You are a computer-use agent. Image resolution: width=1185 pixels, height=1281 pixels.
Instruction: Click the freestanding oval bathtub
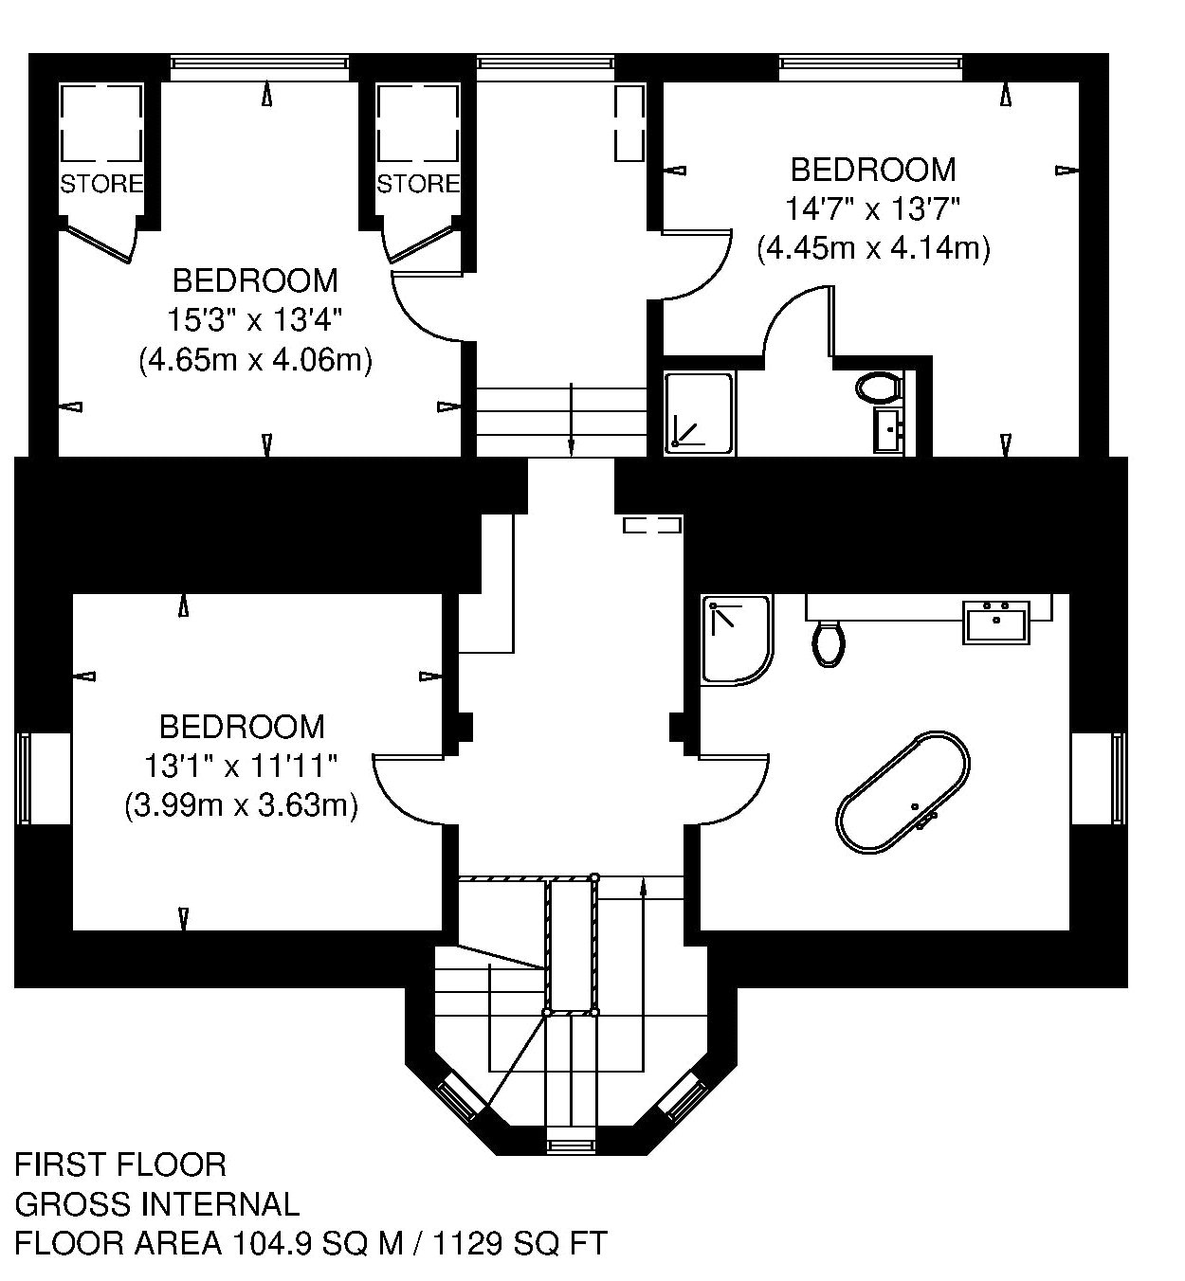[x=902, y=793]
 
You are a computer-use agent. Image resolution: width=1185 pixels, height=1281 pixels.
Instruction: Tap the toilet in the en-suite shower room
[x=879, y=387]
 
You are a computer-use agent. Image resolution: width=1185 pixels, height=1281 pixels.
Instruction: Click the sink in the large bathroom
[x=996, y=622]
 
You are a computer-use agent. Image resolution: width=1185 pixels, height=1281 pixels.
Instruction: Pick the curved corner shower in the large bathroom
[x=738, y=640]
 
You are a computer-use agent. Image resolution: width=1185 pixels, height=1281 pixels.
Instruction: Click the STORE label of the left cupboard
[x=101, y=185]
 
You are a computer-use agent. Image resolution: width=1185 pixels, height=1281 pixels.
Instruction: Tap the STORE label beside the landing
[x=418, y=185]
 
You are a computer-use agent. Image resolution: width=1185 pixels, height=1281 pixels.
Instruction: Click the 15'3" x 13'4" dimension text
[x=254, y=319]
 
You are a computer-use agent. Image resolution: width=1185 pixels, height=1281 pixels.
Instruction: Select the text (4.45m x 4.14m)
[x=873, y=248]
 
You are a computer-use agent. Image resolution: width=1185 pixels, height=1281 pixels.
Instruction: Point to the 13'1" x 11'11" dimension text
[x=241, y=767]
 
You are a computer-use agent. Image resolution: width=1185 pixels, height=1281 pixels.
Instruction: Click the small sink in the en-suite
[x=890, y=429]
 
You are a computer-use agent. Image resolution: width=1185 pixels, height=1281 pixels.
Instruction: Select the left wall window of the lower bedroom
[x=24, y=779]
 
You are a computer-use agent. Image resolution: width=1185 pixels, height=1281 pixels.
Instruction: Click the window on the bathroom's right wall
[x=1119, y=779]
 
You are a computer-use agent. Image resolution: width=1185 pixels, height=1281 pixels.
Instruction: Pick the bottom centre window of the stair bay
[x=570, y=1146]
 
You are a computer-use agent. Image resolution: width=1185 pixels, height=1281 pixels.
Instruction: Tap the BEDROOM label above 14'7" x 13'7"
[x=872, y=170]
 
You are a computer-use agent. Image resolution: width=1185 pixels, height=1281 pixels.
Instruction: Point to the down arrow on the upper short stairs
[x=572, y=419]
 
